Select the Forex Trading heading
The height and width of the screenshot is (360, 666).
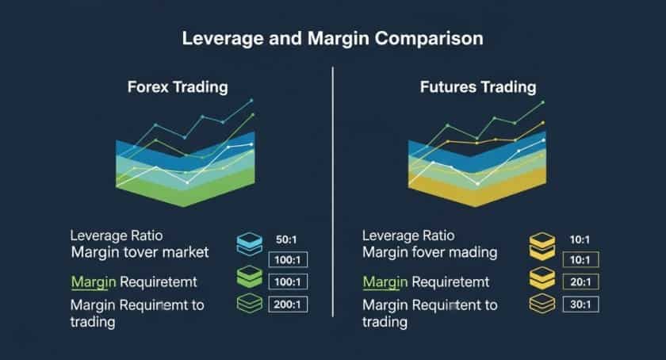coord(178,86)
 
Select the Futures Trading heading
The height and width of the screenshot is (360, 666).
coord(477,86)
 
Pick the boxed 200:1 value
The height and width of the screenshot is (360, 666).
coord(286,304)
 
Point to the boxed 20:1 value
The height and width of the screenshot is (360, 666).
coord(579,281)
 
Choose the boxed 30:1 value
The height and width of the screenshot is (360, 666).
coord(579,304)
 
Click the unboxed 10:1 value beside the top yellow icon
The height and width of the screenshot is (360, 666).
coord(579,239)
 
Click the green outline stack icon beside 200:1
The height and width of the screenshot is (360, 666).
coord(250,303)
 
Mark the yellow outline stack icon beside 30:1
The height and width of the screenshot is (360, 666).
coord(542,303)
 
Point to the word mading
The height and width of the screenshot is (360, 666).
coord(469,253)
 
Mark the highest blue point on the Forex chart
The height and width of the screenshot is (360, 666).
coord(251,101)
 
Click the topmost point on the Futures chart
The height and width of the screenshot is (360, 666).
coord(543,101)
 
